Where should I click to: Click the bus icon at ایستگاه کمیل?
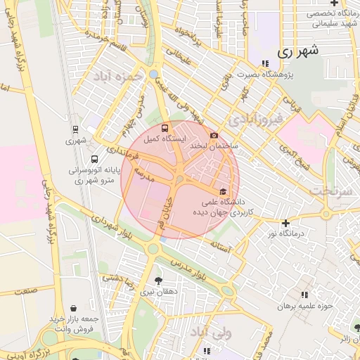pos(165,129)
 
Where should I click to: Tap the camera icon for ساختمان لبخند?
pos(214,135)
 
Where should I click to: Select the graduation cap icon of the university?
pos(224,191)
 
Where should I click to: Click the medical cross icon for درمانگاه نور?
pos(285,222)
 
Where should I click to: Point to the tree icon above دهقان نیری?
pos(158,280)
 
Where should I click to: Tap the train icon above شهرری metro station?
pos(75,129)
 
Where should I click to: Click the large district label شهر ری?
pos(297,51)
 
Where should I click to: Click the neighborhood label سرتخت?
pos(329,190)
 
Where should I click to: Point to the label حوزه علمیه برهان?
pos(304,307)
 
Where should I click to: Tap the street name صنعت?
pos(26,290)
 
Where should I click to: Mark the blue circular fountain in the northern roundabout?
pos(154,74)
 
